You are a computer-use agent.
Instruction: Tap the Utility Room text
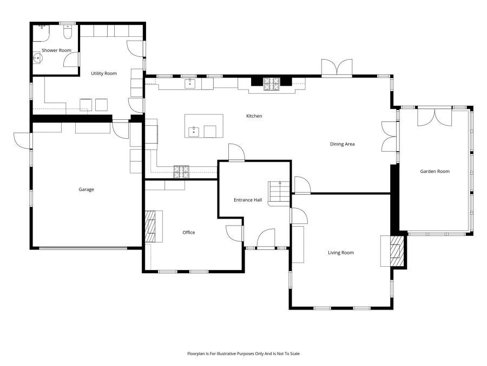(103, 73)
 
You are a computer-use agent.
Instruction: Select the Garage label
(86, 189)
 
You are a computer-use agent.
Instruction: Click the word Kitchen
(254, 116)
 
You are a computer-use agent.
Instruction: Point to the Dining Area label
(342, 144)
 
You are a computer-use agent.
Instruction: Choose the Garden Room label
(435, 171)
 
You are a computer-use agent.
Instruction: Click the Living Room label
(340, 253)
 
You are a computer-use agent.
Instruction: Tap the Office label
(188, 233)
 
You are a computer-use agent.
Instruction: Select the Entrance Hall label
(247, 200)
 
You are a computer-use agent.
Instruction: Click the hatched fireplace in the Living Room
(397, 251)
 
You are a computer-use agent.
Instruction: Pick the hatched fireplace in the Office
(150, 226)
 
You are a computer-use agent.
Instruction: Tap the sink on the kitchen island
(194, 131)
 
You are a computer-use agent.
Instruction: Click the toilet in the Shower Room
(67, 34)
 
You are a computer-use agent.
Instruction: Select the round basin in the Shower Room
(38, 58)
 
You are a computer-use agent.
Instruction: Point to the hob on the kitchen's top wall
(271, 83)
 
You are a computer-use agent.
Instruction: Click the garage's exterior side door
(23, 140)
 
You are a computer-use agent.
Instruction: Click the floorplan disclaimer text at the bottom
(243, 354)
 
